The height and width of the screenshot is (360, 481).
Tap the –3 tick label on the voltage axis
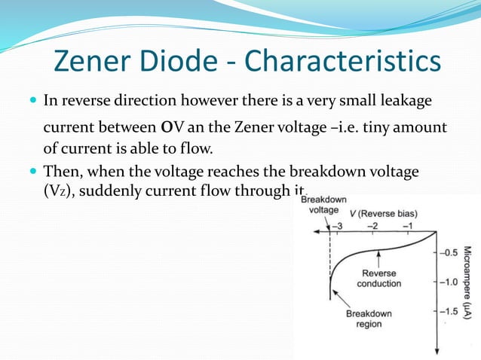(339, 225)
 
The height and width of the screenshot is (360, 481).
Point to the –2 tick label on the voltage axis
(372, 225)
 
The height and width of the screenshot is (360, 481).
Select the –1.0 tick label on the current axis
(449, 281)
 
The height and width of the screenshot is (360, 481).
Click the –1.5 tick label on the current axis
(449, 310)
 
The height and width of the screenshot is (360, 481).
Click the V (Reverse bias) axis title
(388, 213)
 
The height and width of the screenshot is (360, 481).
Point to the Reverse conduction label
(379, 279)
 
